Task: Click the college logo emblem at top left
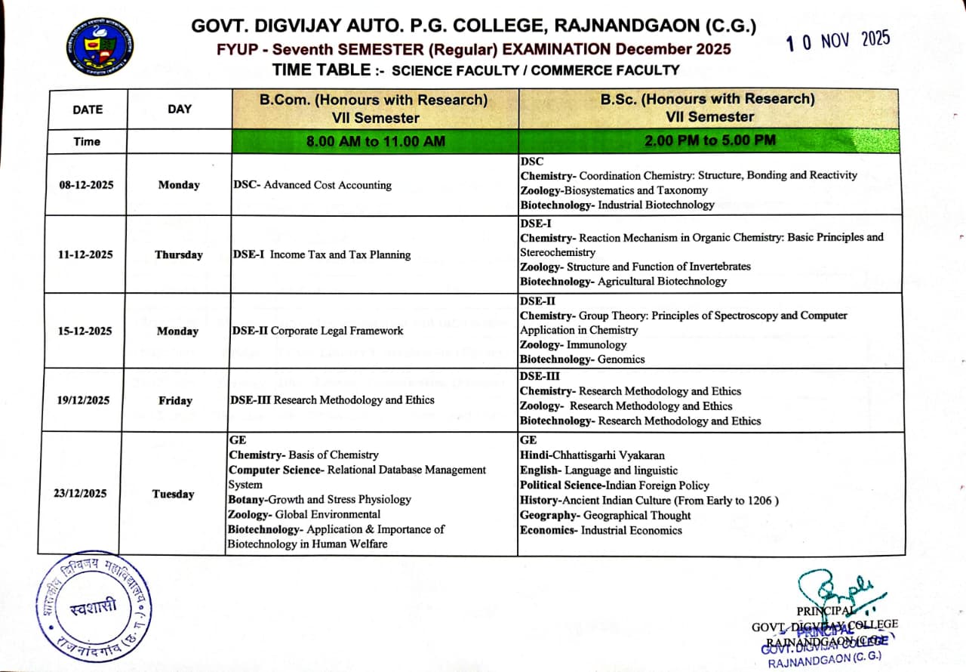(99, 48)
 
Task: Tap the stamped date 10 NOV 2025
(838, 41)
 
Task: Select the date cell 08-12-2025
(86, 185)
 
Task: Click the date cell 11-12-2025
(86, 254)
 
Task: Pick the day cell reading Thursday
(179, 254)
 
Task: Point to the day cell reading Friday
(175, 400)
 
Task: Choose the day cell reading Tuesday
(173, 494)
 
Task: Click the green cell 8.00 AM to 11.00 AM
(375, 141)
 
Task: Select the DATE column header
(88, 109)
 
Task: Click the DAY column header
(180, 109)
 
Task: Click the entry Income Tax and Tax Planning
(340, 254)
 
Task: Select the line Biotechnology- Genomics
(582, 359)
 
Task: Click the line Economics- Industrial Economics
(601, 530)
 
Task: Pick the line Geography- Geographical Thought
(605, 515)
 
